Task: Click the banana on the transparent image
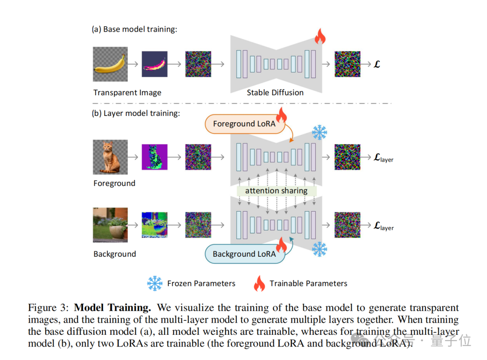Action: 110,64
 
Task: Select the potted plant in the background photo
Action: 116,227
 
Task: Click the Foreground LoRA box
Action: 244,124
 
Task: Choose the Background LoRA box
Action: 244,254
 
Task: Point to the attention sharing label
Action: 276,191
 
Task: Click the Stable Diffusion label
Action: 275,92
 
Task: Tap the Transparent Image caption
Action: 127,92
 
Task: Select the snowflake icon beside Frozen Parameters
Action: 155,283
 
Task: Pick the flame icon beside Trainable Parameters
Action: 259,283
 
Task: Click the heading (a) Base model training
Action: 134,29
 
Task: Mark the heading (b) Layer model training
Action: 136,113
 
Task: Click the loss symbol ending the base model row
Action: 377,64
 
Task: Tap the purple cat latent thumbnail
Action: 155,157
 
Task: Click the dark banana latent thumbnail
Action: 155,64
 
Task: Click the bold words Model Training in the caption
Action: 112,308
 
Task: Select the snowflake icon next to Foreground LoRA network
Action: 320,133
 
